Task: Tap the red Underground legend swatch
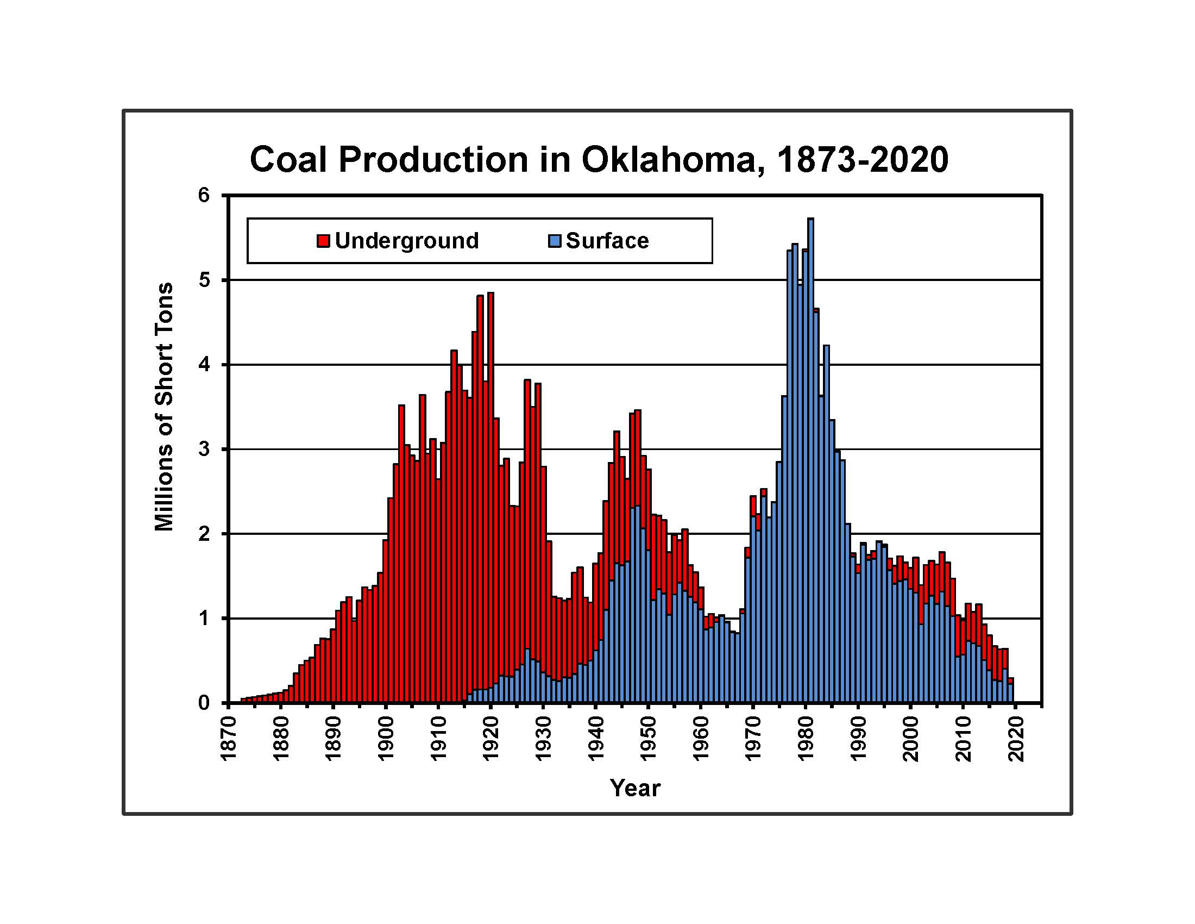[x=323, y=241]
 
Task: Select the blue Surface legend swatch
[x=555, y=241]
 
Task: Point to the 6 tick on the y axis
[x=204, y=195]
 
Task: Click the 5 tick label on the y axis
[x=204, y=280]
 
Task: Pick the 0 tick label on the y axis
[x=204, y=702]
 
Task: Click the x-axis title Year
[x=636, y=788]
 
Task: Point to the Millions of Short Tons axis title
[x=164, y=407]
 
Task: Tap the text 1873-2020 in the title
[x=863, y=160]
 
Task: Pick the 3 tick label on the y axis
[x=204, y=449]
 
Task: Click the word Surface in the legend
[x=607, y=241]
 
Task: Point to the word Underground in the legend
[x=406, y=241]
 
